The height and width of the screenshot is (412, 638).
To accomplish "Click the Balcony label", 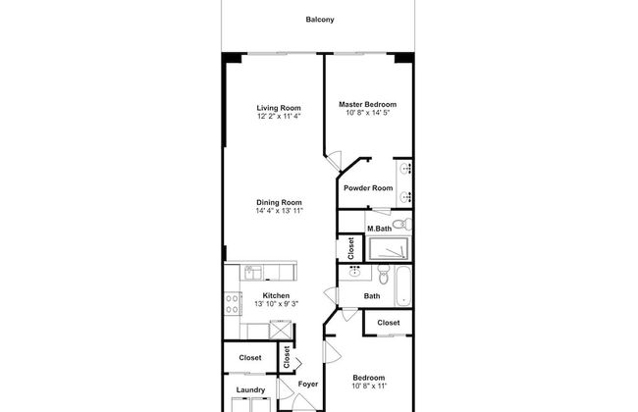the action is [320, 20].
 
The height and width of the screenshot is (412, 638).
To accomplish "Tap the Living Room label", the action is [279, 108].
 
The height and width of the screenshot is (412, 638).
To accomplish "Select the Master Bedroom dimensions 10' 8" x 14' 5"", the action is [368, 113].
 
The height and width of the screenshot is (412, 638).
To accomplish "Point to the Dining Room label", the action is [279, 202].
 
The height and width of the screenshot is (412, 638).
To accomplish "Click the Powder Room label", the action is [368, 188].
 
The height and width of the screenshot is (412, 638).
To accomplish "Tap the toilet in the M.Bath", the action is [402, 224].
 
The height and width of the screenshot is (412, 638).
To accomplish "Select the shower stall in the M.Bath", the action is [388, 248].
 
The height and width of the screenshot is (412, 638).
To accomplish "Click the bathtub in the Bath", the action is [402, 285].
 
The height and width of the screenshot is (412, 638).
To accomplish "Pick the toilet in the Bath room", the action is [384, 275].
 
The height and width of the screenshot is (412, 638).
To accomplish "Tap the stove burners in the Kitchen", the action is [233, 304].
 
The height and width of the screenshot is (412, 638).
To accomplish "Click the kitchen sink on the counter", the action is [252, 272].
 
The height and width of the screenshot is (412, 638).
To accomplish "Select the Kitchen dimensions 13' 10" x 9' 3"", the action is [276, 304].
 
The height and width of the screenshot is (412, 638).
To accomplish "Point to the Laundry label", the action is [250, 389].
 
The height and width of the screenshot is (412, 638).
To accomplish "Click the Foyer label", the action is [308, 384].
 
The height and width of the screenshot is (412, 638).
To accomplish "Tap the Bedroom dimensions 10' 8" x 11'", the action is [369, 386].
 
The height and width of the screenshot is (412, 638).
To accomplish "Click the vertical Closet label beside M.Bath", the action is [350, 248].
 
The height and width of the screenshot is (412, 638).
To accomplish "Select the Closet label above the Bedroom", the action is [388, 323].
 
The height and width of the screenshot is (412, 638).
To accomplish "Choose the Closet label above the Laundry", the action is [250, 357].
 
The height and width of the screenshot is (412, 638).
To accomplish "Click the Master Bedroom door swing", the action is [335, 161].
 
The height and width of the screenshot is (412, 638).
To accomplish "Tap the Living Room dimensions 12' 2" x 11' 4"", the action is [279, 116].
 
